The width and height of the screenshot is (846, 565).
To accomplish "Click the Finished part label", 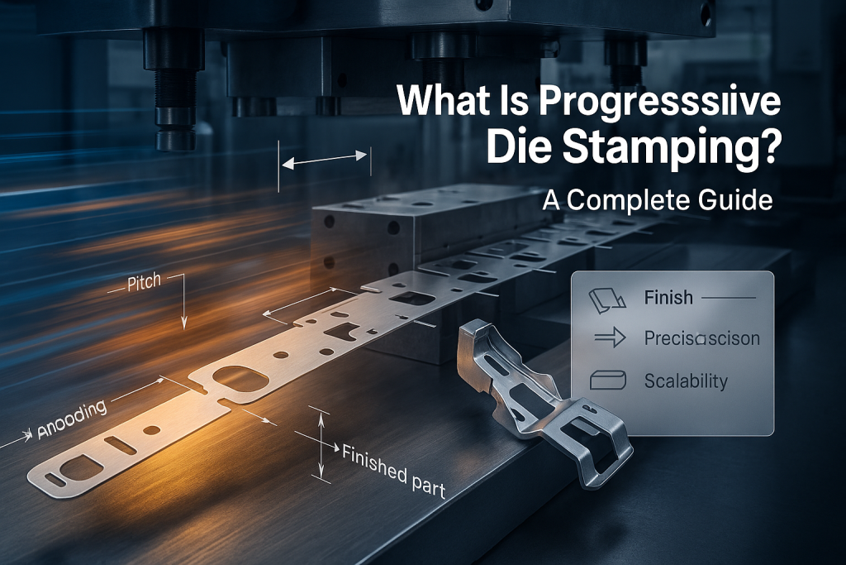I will (393, 469).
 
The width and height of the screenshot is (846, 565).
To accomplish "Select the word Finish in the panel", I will (668, 298).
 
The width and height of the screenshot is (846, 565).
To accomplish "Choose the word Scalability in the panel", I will (685, 381).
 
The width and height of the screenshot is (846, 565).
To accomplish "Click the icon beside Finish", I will (605, 298).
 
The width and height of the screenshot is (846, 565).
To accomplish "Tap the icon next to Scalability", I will (605, 381).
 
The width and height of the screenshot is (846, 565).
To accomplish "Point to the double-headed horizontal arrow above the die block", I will (325, 160).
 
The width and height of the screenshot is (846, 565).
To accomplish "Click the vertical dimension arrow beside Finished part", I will (320, 444).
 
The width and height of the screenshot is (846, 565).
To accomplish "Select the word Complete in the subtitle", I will (633, 200).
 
